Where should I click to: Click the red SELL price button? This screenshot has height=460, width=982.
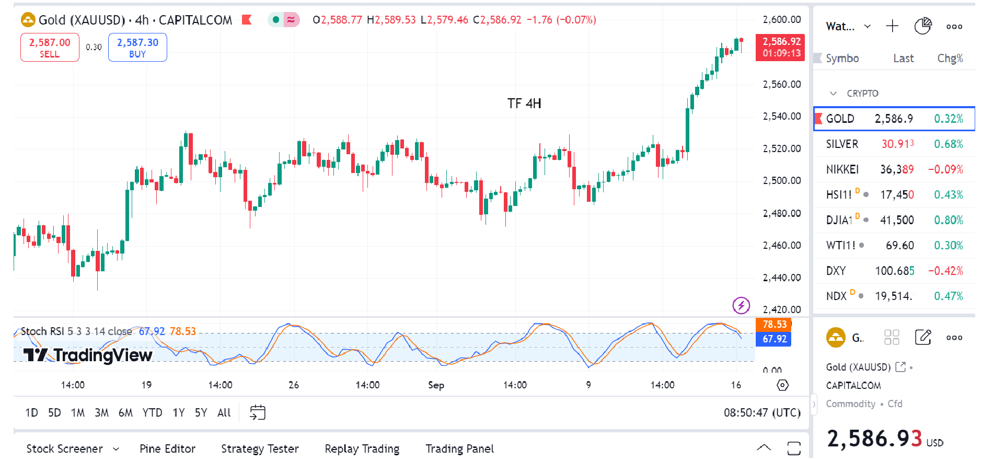click(50, 47)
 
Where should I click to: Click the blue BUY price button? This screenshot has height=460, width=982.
click(137, 47)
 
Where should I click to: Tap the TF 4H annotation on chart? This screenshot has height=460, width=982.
click(524, 103)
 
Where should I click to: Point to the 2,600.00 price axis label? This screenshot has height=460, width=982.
click(781, 20)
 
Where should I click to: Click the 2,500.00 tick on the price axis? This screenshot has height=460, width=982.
click(781, 180)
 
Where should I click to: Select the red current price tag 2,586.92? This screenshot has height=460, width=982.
click(780, 47)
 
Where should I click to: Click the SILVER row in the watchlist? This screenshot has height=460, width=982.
click(894, 144)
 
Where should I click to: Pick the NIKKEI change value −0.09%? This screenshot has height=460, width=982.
click(945, 169)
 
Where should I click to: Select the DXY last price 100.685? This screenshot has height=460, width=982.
click(894, 271)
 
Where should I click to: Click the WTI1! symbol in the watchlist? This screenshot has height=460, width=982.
click(841, 245)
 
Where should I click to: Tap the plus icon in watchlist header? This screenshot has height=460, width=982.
click(892, 26)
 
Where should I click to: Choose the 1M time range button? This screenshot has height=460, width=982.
click(78, 412)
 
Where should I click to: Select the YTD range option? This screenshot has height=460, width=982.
click(152, 412)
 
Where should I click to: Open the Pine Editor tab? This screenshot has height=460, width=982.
click(167, 448)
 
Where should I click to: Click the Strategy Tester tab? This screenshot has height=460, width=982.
click(260, 448)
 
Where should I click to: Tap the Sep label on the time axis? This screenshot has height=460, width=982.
click(436, 385)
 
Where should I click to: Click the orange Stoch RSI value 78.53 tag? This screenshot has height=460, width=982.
click(773, 325)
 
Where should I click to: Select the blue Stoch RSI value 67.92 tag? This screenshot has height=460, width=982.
click(773, 339)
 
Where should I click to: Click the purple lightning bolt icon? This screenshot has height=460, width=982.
click(741, 305)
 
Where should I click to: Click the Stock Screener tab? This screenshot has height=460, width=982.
click(65, 448)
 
